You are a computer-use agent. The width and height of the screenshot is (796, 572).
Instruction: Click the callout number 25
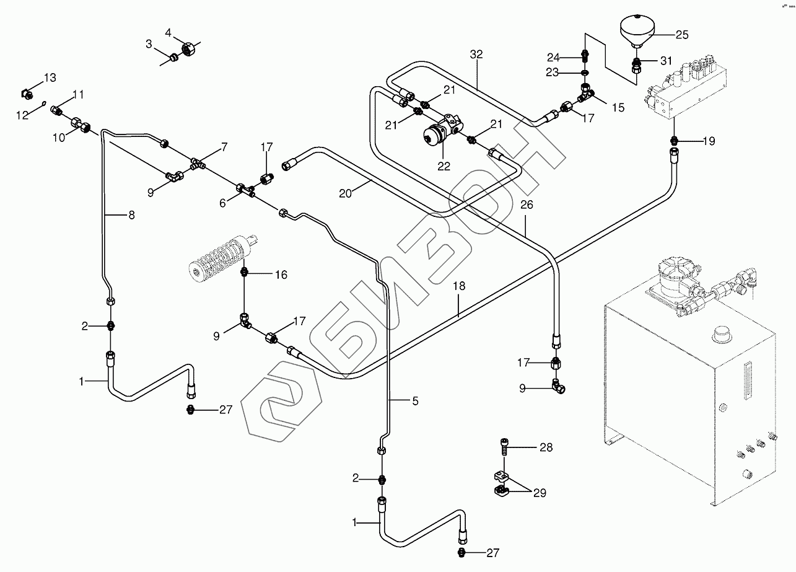(x=681, y=35)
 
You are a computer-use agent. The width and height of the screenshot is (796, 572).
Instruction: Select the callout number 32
(x=476, y=55)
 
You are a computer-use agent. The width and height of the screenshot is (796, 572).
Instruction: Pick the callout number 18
(x=458, y=287)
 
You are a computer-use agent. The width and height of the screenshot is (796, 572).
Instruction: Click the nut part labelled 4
(x=188, y=48)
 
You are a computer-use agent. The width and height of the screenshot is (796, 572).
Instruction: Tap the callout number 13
(x=49, y=77)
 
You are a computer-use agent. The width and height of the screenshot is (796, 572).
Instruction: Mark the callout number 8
(x=131, y=215)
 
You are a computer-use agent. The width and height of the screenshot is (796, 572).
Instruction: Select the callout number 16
(x=281, y=274)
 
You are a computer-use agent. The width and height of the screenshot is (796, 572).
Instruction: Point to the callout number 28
(x=545, y=447)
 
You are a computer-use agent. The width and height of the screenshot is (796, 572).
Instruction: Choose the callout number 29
(x=541, y=493)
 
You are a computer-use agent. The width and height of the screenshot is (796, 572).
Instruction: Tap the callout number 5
(x=414, y=401)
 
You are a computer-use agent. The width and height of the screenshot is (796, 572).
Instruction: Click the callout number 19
(x=709, y=141)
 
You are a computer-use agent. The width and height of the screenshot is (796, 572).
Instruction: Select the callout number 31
(x=665, y=61)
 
